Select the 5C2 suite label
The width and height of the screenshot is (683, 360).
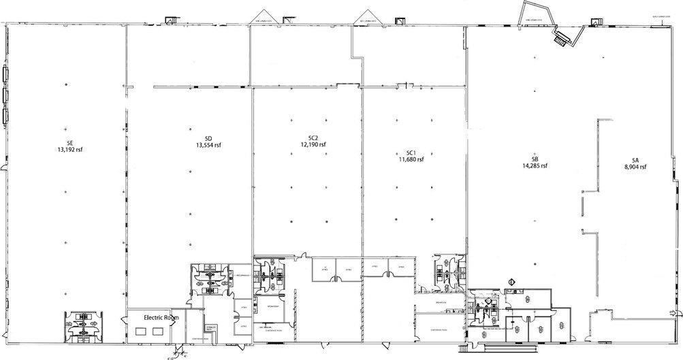coord(312,137)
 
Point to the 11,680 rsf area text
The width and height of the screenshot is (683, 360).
coord(411,159)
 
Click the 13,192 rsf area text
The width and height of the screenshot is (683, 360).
coord(69,150)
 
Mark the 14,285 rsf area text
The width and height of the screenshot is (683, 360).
coord(535,165)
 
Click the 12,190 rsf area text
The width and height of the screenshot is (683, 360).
coord(313,144)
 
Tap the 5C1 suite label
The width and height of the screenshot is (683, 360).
coord(411,152)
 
